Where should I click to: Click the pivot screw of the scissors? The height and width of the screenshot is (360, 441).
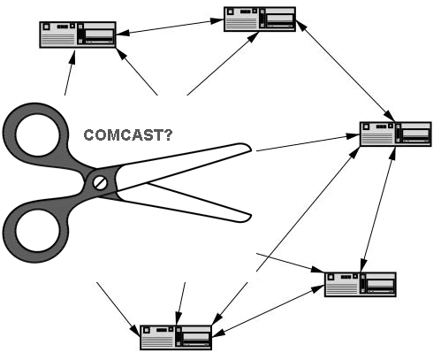[100, 182]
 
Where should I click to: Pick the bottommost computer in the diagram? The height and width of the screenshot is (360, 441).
[177, 337]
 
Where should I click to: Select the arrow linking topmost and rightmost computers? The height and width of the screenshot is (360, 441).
[344, 69]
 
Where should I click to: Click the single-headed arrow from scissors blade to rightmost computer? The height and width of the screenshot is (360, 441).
[305, 143]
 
